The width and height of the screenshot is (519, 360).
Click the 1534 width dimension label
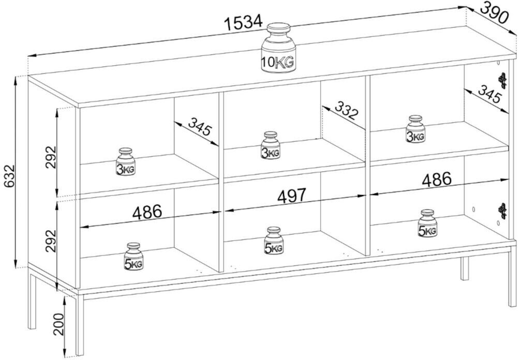tap(243, 22)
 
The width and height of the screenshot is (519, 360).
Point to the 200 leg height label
tap(59, 324)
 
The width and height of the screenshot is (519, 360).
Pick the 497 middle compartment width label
tap(292, 196)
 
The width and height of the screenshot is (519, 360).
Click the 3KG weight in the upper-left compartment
tap(125, 161)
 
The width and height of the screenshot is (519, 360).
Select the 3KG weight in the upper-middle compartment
tap(271, 145)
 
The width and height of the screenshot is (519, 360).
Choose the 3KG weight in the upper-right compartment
tap(416, 129)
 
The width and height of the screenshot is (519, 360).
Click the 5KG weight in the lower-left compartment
tap(134, 257)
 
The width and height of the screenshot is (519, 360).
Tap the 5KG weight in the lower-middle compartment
tap(274, 241)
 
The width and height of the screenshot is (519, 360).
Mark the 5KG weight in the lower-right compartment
tap(427, 223)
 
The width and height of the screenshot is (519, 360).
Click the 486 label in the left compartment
tap(147, 212)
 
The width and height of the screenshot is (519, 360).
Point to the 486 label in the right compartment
tap(437, 179)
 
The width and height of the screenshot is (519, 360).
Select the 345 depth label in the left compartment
tap(200, 126)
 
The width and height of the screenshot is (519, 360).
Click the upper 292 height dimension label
tap(51, 157)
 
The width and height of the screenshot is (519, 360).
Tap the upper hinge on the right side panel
tap(503, 80)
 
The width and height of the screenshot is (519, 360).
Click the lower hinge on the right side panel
tap(503, 211)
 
